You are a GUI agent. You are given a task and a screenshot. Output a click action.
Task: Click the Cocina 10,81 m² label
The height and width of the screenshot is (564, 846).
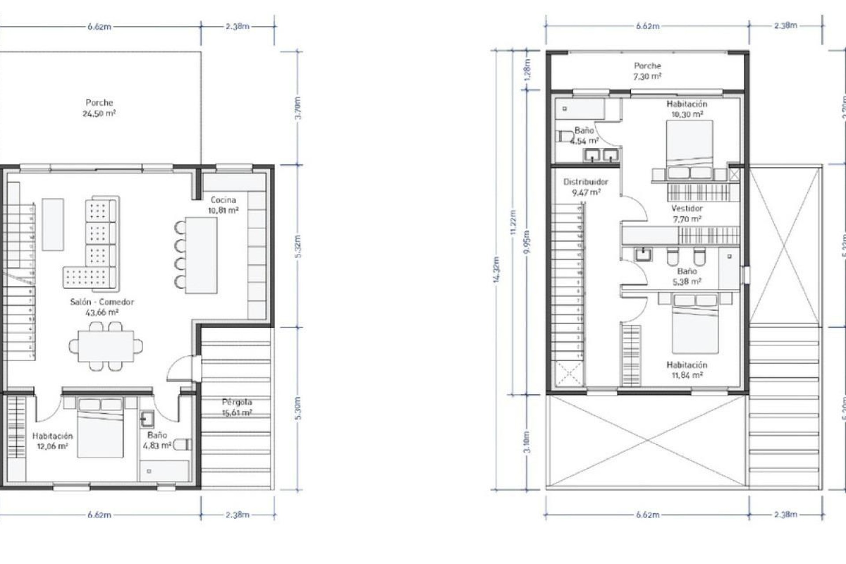pyautogui.click(x=223, y=205)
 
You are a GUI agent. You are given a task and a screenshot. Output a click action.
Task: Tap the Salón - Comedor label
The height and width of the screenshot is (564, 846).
pyautogui.click(x=102, y=307)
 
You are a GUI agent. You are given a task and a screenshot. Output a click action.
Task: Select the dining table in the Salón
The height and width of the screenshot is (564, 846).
pyautogui.click(x=106, y=346)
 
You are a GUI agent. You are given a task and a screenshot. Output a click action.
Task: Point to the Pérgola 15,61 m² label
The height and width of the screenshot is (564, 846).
pyautogui.click(x=237, y=407)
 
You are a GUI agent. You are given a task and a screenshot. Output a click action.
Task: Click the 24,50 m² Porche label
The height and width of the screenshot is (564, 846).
pyautogui.click(x=99, y=108)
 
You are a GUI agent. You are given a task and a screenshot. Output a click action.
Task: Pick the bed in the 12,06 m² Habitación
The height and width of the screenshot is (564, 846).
pyautogui.click(x=100, y=427)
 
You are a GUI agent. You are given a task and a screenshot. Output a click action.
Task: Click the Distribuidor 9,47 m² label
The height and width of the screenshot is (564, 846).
pyautogui.click(x=586, y=187)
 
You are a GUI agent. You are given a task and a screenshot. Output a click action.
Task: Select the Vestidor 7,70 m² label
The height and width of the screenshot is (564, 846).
pyautogui.click(x=687, y=213)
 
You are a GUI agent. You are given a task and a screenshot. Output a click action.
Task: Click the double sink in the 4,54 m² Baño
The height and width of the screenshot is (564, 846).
pyautogui.click(x=601, y=155)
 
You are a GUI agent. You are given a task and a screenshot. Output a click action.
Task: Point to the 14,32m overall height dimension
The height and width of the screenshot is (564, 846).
pyautogui.click(x=497, y=269)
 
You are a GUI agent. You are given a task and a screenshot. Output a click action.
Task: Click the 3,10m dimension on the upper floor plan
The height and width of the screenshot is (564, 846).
pyautogui.click(x=527, y=442)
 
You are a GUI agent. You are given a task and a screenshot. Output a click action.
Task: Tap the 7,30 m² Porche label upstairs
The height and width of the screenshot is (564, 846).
pyautogui.click(x=647, y=71)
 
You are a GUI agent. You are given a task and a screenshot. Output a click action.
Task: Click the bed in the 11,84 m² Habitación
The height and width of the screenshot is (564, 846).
pyautogui.click(x=695, y=326)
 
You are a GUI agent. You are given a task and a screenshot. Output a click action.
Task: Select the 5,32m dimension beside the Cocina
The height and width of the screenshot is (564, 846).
pyautogui.click(x=298, y=246)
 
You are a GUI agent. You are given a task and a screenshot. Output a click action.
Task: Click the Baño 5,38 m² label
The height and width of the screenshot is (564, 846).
pyautogui.click(x=687, y=276)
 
